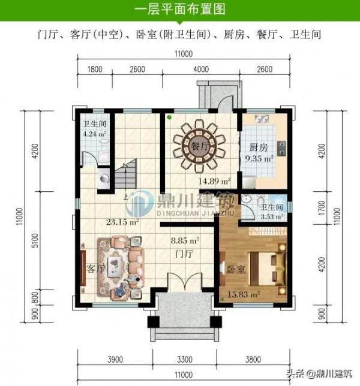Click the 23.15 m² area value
coord(122,222)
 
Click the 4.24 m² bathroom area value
coord(94,134)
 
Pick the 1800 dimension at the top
coord(95,70)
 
